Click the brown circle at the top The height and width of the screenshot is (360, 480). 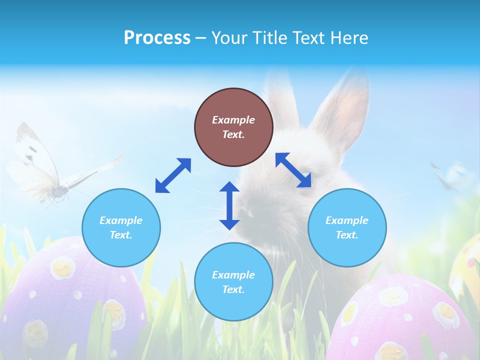pos(233,127)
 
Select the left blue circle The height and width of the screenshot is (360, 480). pos(121,227)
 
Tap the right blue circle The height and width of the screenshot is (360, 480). pos(347,227)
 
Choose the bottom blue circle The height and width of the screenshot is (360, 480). pos(233,282)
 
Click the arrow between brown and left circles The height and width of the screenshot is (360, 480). pos(173,175)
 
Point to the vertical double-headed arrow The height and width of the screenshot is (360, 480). pos(229,205)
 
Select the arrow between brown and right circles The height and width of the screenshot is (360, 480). pos(293,170)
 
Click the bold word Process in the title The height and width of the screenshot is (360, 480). pos(157,37)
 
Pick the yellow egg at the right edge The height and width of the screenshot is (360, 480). pos(467,265)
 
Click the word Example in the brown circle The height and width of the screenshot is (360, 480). pos(233,120)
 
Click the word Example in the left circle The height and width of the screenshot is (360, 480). pos(121,220)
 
